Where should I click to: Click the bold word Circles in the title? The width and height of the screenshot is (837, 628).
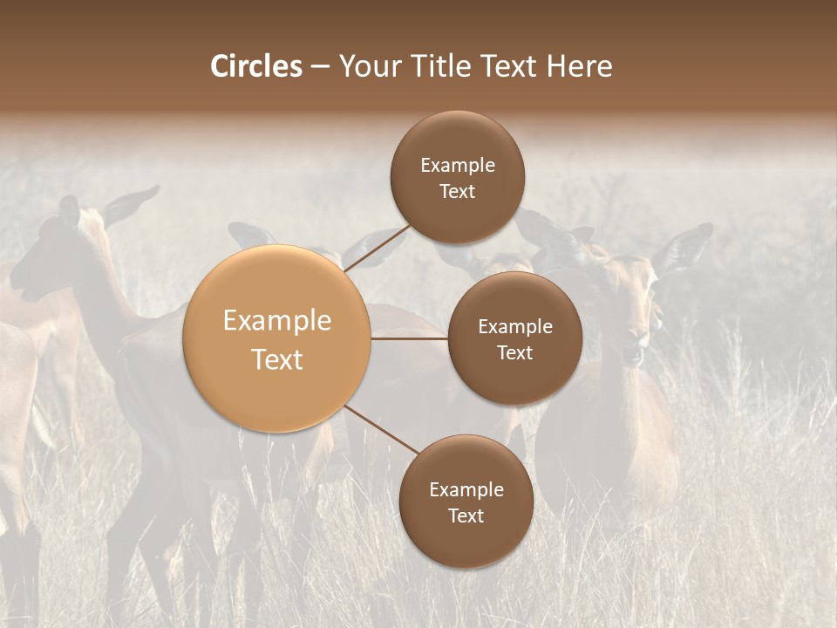click(256, 66)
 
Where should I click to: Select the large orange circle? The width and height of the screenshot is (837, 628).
click(277, 338)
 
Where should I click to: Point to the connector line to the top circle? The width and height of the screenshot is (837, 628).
click(377, 249)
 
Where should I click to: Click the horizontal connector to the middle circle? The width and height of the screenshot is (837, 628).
click(410, 338)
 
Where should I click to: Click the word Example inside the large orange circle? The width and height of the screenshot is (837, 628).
click(277, 321)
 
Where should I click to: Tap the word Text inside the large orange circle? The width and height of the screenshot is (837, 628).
click(277, 359)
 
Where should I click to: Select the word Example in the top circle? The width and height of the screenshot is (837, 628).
click(457, 165)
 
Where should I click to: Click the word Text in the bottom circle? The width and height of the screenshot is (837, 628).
click(466, 515)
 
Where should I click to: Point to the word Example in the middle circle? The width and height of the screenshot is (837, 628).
click(514, 326)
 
